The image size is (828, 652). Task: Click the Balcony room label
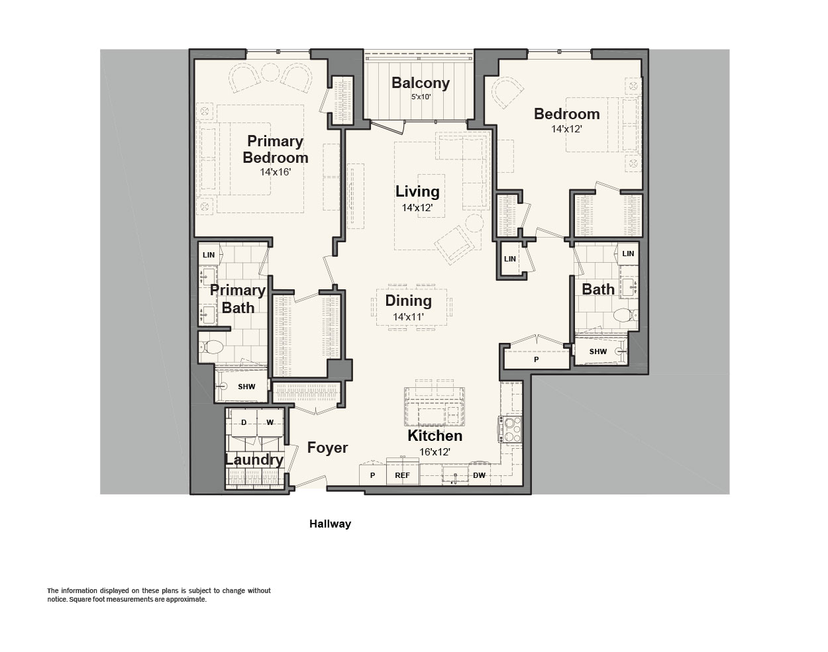tap(421, 83)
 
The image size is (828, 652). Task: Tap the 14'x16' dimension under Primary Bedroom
tap(275, 172)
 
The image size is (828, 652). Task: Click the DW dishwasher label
tap(479, 475)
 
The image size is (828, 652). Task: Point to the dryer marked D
tap(244, 422)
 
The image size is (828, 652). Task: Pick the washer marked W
tap(270, 422)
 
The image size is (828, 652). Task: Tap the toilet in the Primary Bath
tap(211, 348)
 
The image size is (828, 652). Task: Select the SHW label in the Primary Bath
tap(246, 387)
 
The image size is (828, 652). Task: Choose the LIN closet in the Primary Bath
tap(209, 255)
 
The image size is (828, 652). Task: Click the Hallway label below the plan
tap(330, 524)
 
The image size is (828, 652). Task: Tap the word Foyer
tap(327, 448)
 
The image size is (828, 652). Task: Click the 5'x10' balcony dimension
tap(421, 97)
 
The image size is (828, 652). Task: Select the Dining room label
tap(408, 301)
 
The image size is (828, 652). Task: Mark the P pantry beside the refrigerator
tap(372, 475)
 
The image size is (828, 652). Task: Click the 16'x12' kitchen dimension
tap(435, 452)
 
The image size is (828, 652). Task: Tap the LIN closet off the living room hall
tap(510, 259)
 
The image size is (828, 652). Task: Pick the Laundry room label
tap(254, 460)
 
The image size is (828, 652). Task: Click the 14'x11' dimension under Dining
tap(408, 317)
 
